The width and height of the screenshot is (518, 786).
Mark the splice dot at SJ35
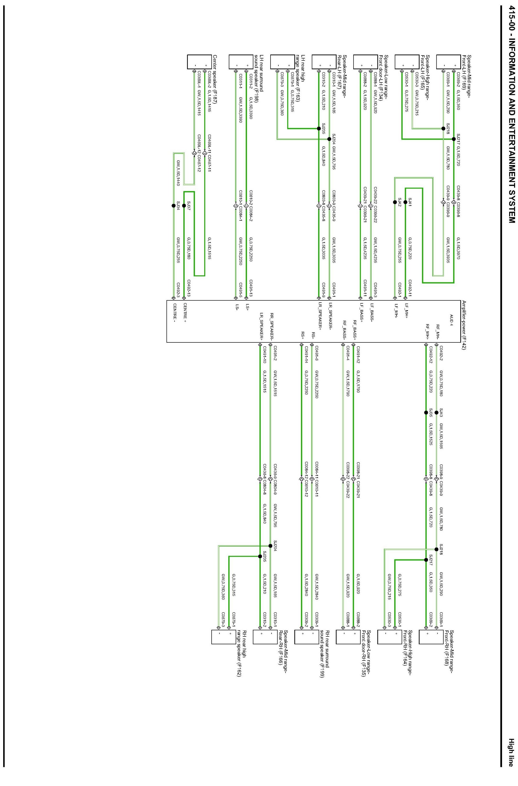(426, 412)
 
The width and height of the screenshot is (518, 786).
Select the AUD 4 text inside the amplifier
(451, 320)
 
